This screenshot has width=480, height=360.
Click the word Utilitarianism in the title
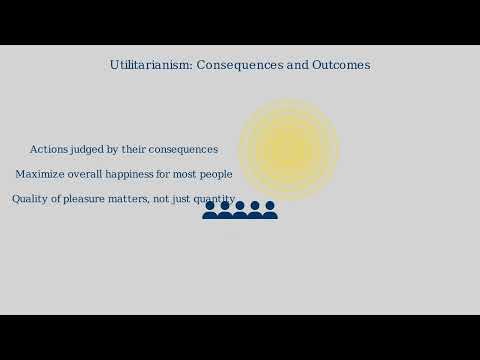[x=151, y=65]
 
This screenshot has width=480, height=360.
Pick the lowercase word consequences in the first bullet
[x=183, y=149]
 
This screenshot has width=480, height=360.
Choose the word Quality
[x=31, y=199]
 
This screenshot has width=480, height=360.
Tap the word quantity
[x=213, y=199]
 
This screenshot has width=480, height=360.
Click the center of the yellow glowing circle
[x=288, y=149]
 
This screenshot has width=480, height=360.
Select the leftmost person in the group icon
[x=210, y=210]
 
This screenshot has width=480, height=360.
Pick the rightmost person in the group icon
[x=270, y=210]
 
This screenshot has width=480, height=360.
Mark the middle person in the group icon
[x=240, y=210]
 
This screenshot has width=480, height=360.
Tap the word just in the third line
[x=180, y=199]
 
